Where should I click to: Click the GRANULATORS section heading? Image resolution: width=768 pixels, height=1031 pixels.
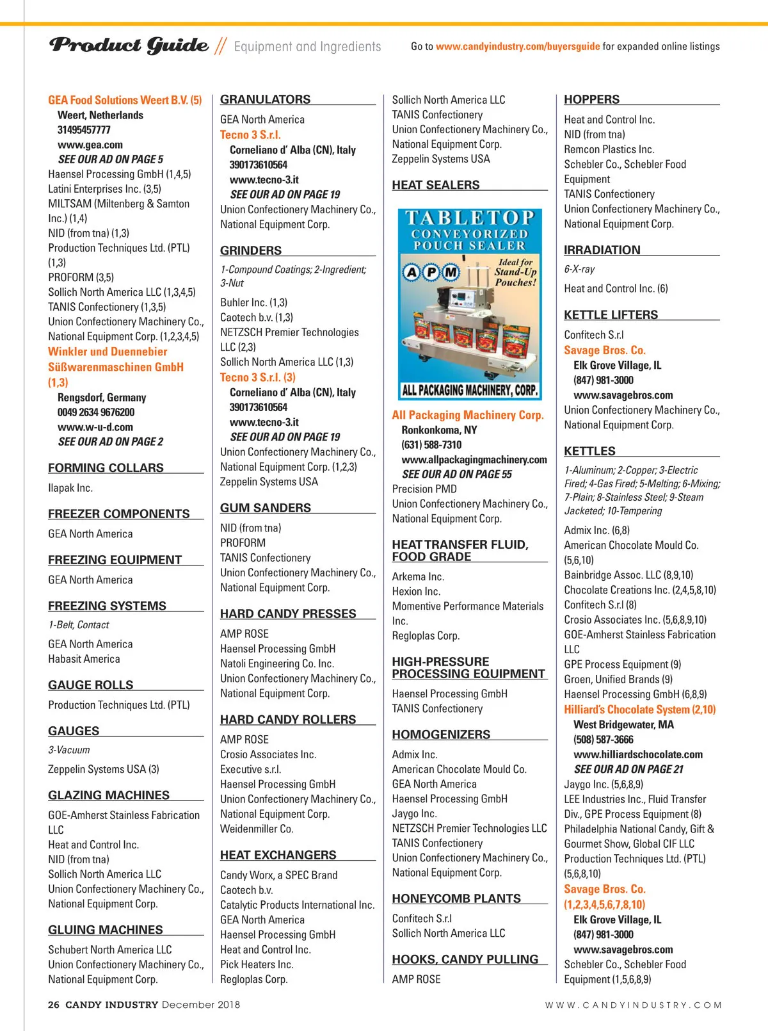[265, 99]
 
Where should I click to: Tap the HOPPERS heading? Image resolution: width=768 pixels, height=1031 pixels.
[591, 99]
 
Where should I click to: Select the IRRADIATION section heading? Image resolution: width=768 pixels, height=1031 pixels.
[602, 250]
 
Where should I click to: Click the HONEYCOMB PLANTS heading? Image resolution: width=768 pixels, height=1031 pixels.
[456, 898]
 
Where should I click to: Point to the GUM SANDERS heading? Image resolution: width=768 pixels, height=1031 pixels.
[266, 508]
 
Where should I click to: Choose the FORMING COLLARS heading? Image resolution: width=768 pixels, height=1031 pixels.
[106, 468]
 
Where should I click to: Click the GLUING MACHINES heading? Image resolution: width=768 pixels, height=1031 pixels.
[106, 930]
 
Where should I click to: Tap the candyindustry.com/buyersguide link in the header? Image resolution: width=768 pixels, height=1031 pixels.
[518, 46]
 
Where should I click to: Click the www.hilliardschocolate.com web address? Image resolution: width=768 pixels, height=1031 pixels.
[638, 754]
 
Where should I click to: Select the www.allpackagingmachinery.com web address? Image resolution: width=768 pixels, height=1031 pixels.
[474, 460]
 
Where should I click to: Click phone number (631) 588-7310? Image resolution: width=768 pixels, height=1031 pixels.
[431, 445]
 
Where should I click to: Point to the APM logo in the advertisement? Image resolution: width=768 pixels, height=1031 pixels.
[431, 272]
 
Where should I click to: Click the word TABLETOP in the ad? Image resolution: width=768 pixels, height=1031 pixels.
[470, 218]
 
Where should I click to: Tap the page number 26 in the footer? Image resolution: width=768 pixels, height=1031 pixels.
[54, 1005]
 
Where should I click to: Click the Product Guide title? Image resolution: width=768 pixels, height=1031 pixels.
[129, 45]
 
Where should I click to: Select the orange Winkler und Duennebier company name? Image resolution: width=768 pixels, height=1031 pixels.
[108, 352]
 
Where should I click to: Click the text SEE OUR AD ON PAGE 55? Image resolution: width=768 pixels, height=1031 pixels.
[457, 475]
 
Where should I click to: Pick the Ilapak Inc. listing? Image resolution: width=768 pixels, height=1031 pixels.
[70, 488]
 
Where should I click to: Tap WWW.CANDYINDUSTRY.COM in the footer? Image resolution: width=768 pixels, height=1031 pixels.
[633, 1005]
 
